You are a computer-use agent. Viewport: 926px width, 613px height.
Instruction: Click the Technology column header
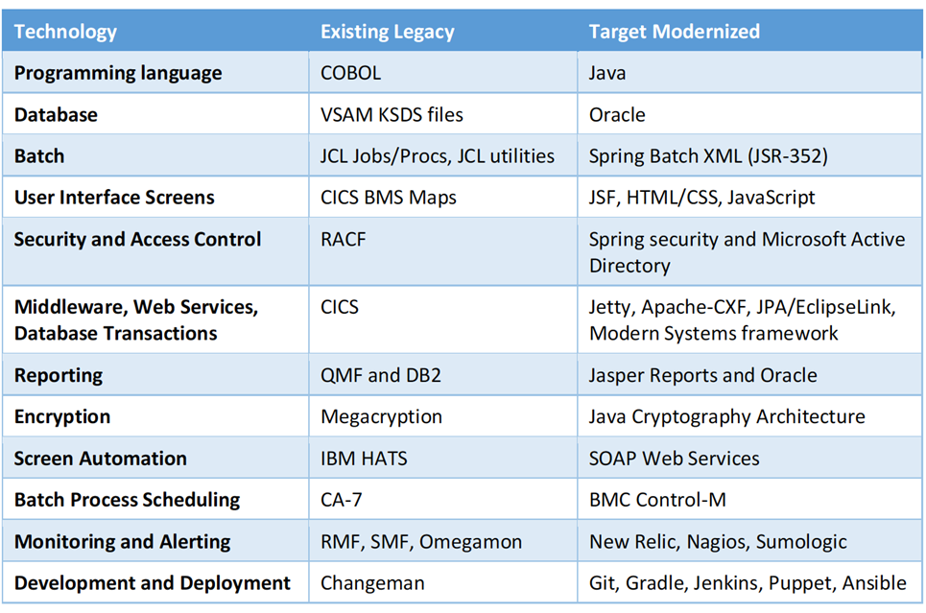point(65,32)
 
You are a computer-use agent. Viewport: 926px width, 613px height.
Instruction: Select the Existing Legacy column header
point(388,32)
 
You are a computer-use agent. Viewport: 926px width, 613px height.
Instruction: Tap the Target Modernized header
point(675,32)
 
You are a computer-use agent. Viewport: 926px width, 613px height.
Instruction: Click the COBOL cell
point(351,73)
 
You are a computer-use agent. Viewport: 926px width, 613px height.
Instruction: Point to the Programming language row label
point(118,74)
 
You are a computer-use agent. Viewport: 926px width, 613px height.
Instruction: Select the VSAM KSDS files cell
point(392,114)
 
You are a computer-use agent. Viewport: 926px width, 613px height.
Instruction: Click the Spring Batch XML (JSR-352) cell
point(708,156)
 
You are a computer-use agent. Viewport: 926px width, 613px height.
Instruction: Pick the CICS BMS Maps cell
point(389,198)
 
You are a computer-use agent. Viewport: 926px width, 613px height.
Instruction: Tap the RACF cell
point(344,239)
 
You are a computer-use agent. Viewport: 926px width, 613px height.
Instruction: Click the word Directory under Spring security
point(629,267)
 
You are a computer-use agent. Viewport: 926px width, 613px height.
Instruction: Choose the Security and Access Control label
point(137,240)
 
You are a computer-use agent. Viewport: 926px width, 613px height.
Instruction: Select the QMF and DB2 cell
point(381,376)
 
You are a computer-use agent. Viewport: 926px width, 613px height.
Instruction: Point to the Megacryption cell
point(382,417)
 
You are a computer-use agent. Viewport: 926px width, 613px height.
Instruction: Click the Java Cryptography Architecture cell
point(727,417)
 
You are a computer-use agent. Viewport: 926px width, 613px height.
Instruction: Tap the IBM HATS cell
point(364,459)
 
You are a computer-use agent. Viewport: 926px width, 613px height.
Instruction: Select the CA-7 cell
point(342,500)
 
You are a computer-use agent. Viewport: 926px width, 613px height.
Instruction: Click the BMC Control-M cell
point(657,500)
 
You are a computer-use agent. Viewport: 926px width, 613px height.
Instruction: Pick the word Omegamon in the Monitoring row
point(471,542)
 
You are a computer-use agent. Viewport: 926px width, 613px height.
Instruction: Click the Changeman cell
point(372,583)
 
